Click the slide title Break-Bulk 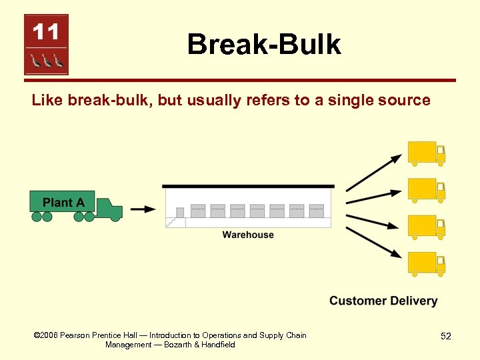click(x=264, y=45)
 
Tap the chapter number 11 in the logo click(x=46, y=31)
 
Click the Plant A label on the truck click(x=63, y=203)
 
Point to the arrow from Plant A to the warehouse click(x=143, y=209)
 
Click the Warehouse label click(x=248, y=235)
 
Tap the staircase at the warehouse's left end click(x=176, y=217)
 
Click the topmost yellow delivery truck click(x=426, y=153)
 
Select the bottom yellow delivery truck click(x=426, y=263)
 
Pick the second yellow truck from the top click(x=426, y=190)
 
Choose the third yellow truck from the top click(x=426, y=227)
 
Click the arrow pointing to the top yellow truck click(x=373, y=173)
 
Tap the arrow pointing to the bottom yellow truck click(x=373, y=242)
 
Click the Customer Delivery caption click(x=383, y=301)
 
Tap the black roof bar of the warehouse click(x=248, y=186)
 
